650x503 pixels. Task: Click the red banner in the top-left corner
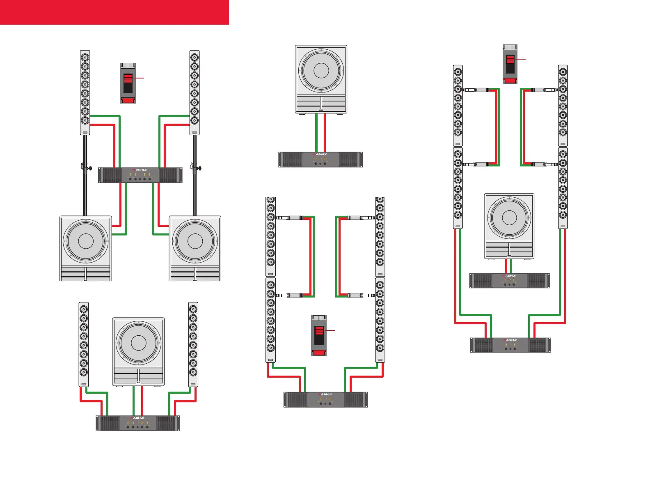click(114, 12)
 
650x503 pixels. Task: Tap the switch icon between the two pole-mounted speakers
click(128, 83)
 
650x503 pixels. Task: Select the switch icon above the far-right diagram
click(510, 64)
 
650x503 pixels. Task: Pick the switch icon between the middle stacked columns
click(319, 335)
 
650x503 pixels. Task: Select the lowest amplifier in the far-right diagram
click(510, 345)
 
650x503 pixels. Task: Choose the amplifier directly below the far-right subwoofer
click(510, 281)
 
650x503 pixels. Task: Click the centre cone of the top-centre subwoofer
click(321, 71)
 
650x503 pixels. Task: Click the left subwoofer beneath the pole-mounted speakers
click(85, 248)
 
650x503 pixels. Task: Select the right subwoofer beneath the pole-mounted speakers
click(195, 248)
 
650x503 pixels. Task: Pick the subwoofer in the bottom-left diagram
click(138, 351)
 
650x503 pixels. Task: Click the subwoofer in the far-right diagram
click(509, 226)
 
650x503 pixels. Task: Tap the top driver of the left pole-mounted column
click(85, 57)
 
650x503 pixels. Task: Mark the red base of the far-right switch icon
click(510, 80)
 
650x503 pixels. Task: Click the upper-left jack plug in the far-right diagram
click(476, 90)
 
